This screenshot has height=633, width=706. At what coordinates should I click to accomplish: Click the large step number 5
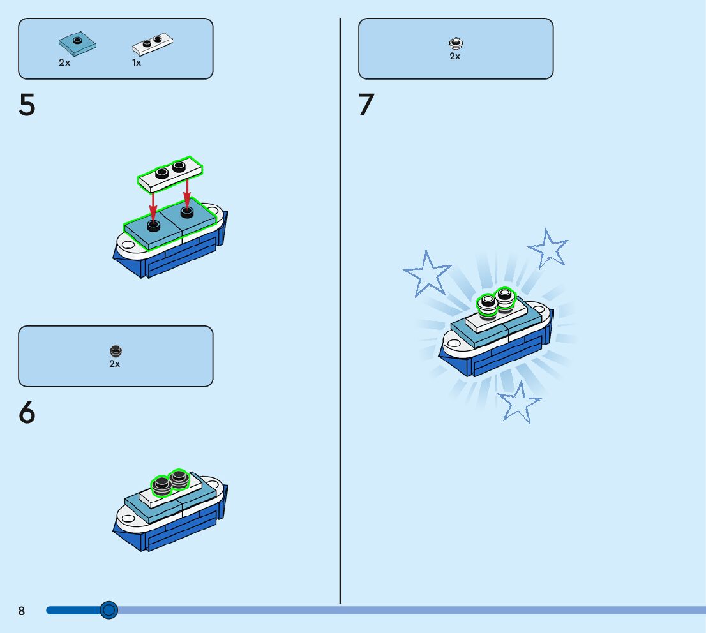[x=27, y=105]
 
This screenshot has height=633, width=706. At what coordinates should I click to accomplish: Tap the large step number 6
[x=27, y=413]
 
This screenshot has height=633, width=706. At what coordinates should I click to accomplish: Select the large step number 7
[x=366, y=105]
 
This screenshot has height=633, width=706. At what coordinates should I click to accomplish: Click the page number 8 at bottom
[x=22, y=611]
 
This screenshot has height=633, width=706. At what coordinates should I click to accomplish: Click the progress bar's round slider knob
[x=109, y=611]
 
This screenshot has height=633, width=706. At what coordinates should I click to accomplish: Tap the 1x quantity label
[x=137, y=63]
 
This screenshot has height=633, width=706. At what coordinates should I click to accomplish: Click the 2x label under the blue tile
[x=64, y=63]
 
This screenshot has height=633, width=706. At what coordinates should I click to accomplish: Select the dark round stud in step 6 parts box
[x=115, y=351]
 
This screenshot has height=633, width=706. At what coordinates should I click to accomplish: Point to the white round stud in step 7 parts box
[x=455, y=43]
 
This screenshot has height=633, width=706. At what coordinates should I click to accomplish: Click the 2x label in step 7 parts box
[x=454, y=56]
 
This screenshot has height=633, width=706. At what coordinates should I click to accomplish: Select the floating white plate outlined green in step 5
[x=170, y=174]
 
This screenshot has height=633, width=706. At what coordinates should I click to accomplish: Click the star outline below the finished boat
[x=519, y=402]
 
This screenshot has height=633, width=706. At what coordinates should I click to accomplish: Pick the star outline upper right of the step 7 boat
[x=548, y=248]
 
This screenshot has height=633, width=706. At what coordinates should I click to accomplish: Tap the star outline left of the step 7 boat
[x=426, y=272]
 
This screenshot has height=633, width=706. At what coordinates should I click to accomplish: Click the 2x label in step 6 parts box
[x=115, y=364]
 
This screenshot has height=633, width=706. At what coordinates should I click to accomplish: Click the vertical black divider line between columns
[x=340, y=319]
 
